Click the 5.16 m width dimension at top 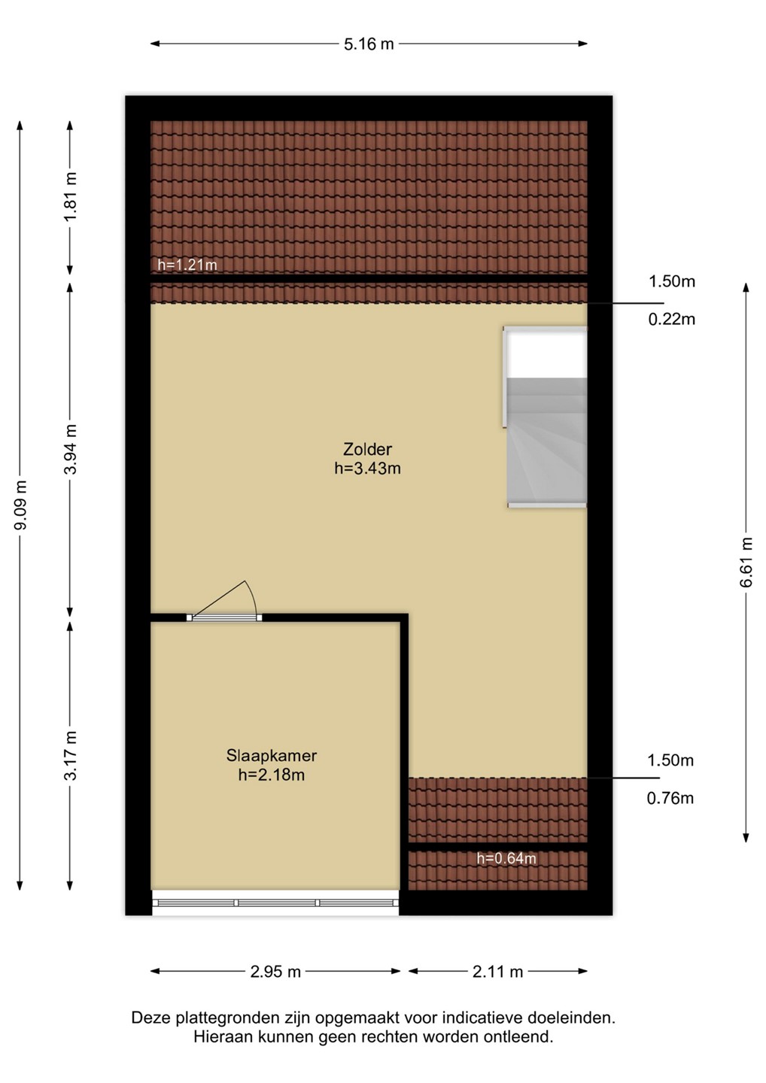pos(369,44)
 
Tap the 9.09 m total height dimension pos(20,505)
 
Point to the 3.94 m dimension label pos(71,449)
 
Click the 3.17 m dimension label pos(71,755)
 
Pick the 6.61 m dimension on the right pos(746,562)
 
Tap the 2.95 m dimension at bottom pos(275,972)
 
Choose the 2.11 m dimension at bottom pos(497,972)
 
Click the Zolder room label pos(367,449)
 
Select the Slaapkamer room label pos(272,755)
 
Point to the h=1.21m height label pos(187,265)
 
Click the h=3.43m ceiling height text pos(367,468)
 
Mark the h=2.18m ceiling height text pos(272,775)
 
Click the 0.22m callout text pos(672,319)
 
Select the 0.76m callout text pos(670,798)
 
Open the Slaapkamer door pos(224,617)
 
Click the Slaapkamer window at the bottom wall pos(275,902)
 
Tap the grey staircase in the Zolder pos(546,442)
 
